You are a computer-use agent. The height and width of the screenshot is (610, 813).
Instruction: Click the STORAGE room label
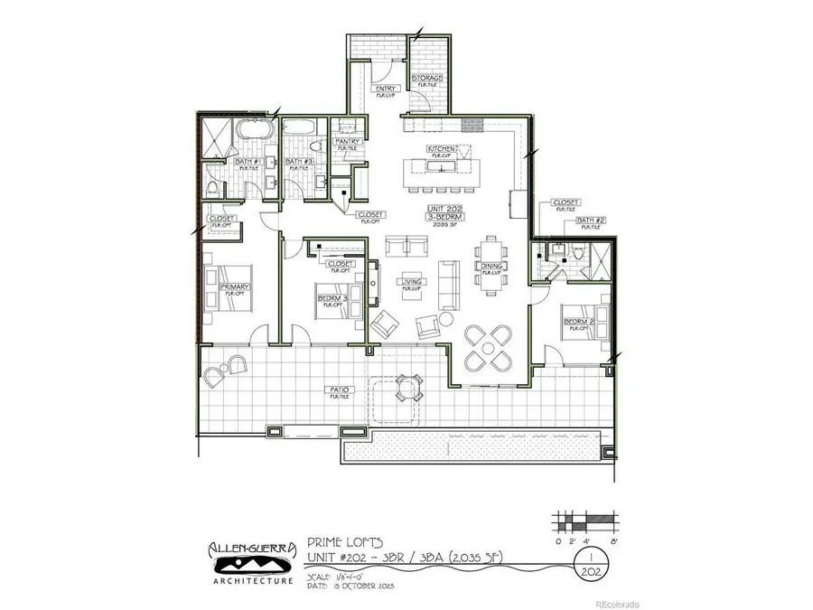(x=428, y=79)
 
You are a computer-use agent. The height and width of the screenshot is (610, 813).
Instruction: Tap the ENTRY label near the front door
(x=387, y=89)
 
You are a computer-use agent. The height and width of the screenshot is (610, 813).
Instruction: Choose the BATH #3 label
(x=298, y=162)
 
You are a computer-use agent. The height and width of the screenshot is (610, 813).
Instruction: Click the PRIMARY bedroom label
(x=235, y=287)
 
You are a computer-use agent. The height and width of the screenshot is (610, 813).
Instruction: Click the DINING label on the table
(x=491, y=266)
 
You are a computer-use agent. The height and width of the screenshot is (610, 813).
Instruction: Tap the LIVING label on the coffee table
(x=412, y=282)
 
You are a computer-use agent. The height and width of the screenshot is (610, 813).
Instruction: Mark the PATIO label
(x=340, y=391)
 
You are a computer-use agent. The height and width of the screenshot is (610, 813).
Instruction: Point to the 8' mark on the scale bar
(x=613, y=541)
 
